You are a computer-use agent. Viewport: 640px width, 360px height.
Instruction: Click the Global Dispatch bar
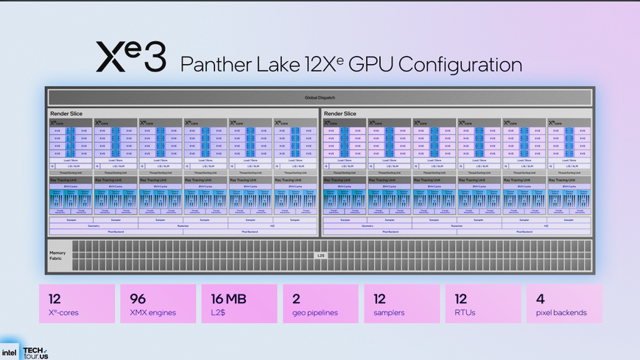click(320, 97)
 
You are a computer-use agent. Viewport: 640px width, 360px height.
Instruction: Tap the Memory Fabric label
click(57, 255)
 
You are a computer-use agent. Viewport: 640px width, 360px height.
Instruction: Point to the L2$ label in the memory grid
click(320, 255)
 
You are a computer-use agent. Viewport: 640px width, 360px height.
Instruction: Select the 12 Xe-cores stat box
click(77, 304)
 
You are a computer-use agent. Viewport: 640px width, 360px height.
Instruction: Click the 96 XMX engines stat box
click(158, 304)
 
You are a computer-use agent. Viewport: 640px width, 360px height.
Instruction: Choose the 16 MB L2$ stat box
click(239, 304)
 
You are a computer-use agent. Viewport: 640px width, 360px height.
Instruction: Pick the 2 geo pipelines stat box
click(320, 304)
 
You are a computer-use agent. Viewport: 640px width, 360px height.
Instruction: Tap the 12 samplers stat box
click(401, 304)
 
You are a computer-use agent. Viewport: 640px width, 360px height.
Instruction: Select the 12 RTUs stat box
click(482, 304)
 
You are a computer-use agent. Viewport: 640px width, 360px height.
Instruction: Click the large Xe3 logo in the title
click(131, 57)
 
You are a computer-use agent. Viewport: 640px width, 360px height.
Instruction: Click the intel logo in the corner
click(10, 352)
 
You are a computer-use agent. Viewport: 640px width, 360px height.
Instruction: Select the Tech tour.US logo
click(35, 353)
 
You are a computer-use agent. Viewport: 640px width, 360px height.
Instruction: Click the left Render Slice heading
click(66, 113)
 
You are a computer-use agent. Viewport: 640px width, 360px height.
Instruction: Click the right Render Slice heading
click(340, 113)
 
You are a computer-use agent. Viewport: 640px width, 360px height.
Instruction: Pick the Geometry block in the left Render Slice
click(94, 226)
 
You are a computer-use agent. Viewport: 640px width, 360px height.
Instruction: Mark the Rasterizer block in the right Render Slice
click(457, 226)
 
